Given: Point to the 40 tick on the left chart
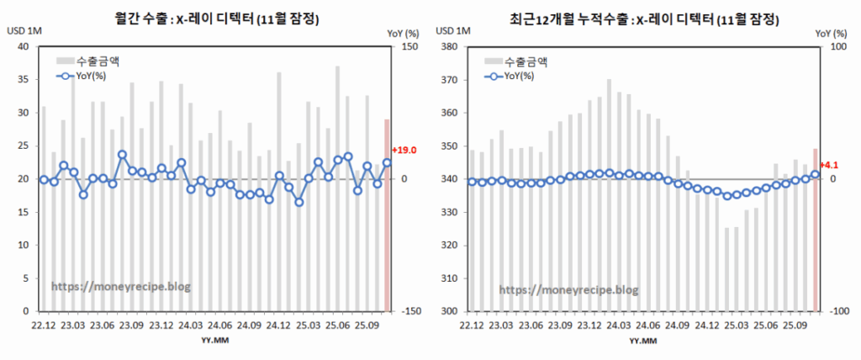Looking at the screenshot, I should (x=25, y=47).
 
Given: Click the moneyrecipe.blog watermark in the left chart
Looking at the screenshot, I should (x=121, y=287).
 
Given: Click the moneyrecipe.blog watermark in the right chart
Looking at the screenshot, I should (x=569, y=290).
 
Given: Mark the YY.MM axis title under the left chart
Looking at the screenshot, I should (x=217, y=341).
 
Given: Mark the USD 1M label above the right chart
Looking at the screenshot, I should (x=451, y=32).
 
